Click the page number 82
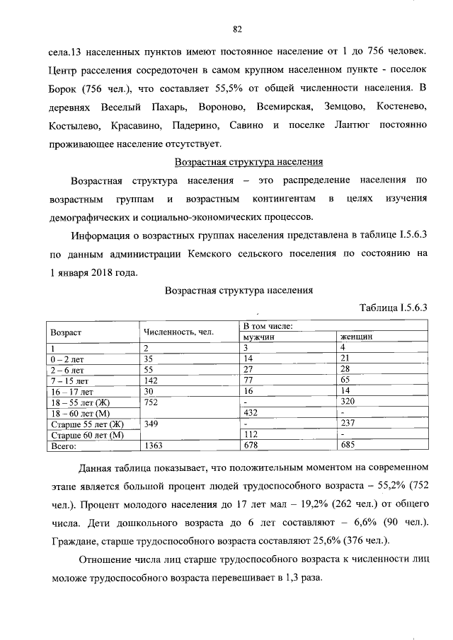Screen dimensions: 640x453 point(237,29)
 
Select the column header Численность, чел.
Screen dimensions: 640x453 point(178,332)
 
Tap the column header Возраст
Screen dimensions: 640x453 point(66,332)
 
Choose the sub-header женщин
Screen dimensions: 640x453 point(357,337)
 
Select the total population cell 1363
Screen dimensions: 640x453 point(154,446)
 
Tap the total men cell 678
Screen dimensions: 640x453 point(251,446)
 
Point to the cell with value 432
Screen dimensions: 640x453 point(251,412)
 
